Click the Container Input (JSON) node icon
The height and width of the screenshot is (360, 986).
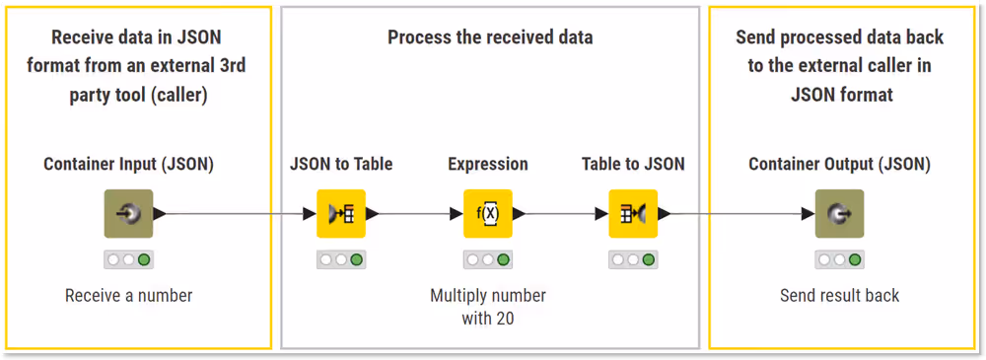tap(128, 213)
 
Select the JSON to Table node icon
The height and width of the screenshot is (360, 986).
tap(341, 213)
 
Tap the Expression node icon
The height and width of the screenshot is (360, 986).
tap(488, 213)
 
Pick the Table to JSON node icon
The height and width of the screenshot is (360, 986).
tap(633, 213)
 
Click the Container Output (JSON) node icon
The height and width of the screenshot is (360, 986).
tap(839, 213)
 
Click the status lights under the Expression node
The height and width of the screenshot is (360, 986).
tap(488, 260)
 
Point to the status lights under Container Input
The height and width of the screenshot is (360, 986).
tap(128, 260)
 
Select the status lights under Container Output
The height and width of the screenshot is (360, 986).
tap(839, 260)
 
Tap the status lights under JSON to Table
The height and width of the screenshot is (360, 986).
tap(341, 260)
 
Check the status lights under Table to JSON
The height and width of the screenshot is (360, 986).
tap(633, 260)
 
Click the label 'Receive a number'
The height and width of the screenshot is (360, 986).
tap(128, 296)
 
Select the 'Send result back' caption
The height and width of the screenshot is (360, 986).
tap(839, 296)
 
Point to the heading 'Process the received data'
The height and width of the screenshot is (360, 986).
tap(490, 38)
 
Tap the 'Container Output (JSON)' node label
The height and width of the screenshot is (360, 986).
tap(839, 164)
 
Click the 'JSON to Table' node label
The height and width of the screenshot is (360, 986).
tap(341, 164)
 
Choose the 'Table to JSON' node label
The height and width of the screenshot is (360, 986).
tap(633, 164)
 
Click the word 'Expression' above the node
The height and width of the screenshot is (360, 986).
tap(488, 164)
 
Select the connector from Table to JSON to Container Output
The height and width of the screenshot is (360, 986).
tap(735, 213)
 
